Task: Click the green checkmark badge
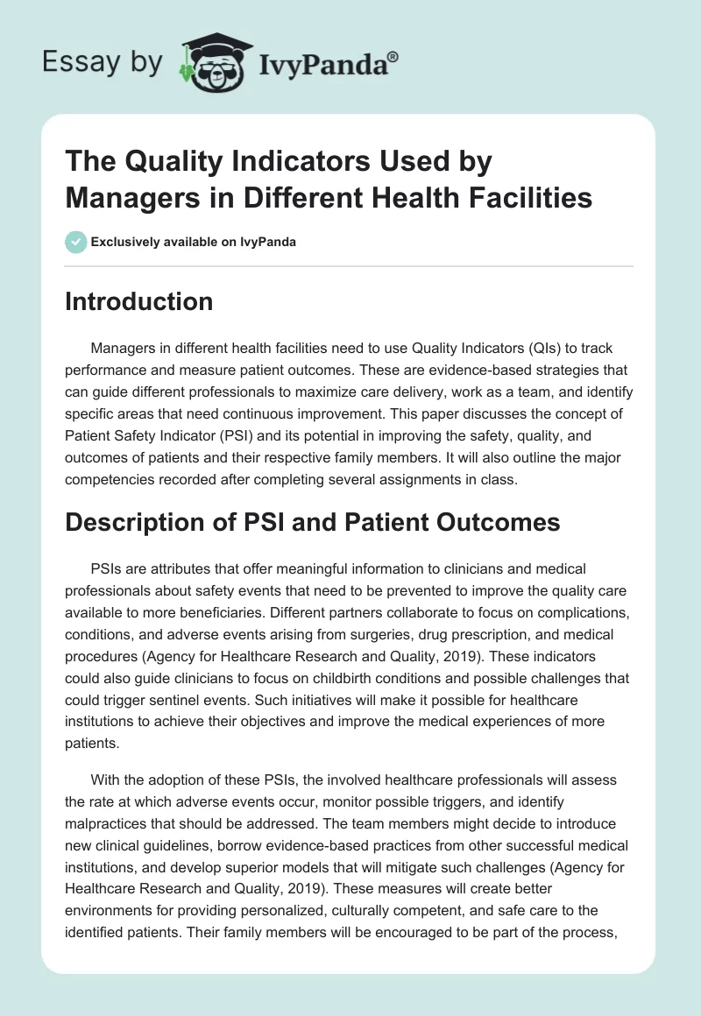point(76,242)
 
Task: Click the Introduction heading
point(139,301)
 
